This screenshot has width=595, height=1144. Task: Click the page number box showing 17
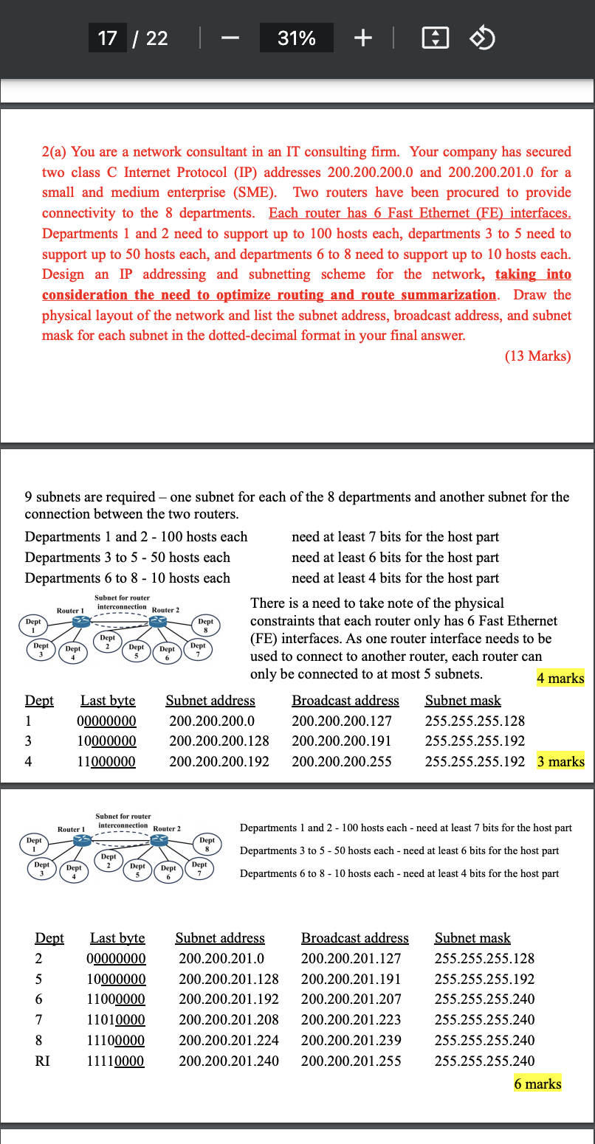click(x=108, y=38)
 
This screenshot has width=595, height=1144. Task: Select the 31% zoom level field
click(x=296, y=38)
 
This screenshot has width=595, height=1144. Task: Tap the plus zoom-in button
click(x=362, y=38)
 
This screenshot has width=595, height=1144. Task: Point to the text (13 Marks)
click(x=537, y=356)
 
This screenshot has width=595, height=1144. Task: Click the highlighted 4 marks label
click(x=560, y=679)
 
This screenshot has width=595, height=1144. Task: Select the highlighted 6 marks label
click(x=537, y=1084)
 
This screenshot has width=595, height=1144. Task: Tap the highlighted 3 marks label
click(x=560, y=761)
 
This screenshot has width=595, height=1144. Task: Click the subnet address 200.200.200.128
click(x=219, y=741)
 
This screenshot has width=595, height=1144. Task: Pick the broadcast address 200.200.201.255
click(x=351, y=1061)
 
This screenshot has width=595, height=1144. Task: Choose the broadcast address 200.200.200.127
click(x=342, y=721)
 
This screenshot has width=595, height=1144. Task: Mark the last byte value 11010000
click(x=117, y=1020)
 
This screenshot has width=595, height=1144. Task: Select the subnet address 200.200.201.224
click(x=228, y=1041)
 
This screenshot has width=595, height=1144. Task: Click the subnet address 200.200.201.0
click(x=221, y=959)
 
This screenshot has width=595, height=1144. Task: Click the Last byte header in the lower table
click(x=117, y=938)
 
